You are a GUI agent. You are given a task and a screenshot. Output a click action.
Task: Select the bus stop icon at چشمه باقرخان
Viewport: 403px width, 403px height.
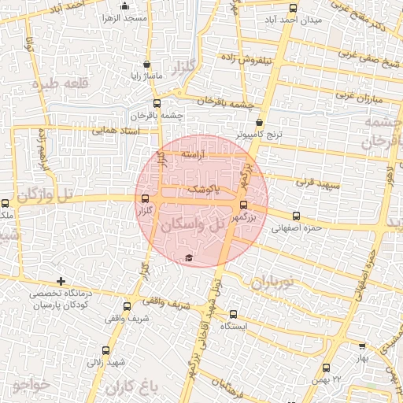point(157,103)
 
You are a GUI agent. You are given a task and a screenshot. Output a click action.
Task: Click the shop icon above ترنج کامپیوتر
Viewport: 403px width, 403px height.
point(261,123)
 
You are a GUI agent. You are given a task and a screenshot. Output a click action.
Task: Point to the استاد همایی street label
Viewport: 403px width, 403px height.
point(115,130)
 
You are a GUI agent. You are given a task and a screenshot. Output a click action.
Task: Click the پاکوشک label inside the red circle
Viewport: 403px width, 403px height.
point(205,190)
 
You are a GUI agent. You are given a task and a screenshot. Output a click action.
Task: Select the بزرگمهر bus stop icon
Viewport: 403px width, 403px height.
point(242,204)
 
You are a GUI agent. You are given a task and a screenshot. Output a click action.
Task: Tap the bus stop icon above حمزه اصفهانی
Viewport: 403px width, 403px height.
point(296,216)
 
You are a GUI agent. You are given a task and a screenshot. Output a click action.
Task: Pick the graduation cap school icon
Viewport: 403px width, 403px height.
point(189,257)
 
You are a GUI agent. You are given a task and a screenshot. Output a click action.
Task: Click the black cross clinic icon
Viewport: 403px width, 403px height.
point(61,281)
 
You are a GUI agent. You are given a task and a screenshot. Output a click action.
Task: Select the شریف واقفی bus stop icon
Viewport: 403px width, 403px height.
point(128,306)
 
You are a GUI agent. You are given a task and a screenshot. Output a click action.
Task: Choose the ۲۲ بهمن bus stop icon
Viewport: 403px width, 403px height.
point(327,368)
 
